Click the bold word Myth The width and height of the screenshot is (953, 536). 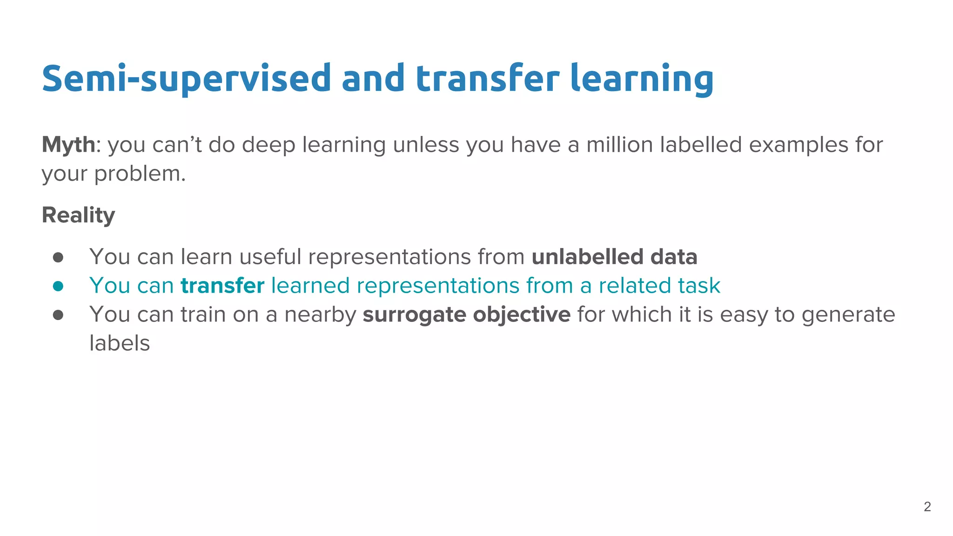click(68, 145)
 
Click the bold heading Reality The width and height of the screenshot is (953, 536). click(78, 215)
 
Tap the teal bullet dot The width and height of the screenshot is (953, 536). click(58, 286)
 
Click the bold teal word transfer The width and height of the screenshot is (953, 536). click(222, 286)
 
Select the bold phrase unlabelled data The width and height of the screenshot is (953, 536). click(614, 257)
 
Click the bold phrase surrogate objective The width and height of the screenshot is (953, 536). click(466, 315)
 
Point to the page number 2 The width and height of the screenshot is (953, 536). click(927, 507)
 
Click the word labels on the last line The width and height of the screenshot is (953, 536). click(120, 344)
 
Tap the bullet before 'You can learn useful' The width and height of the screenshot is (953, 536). click(58, 257)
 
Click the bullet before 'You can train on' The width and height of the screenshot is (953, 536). click(58, 315)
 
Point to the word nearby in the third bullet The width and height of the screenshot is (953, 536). click(320, 315)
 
